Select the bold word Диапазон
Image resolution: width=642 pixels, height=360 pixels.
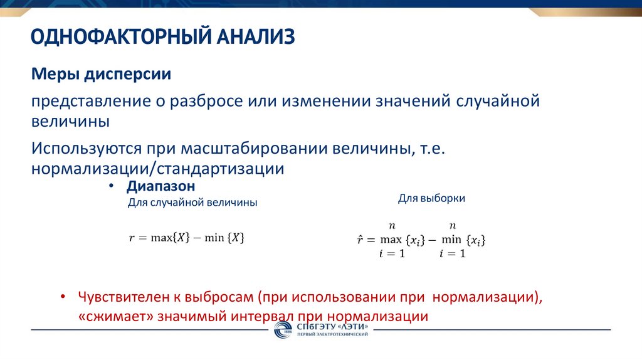click(x=160, y=186)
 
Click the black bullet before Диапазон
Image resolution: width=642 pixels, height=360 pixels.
click(x=112, y=187)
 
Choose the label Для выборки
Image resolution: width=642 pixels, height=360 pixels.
click(x=431, y=198)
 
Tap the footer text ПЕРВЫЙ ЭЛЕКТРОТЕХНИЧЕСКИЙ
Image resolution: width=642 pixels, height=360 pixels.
click(x=333, y=335)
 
